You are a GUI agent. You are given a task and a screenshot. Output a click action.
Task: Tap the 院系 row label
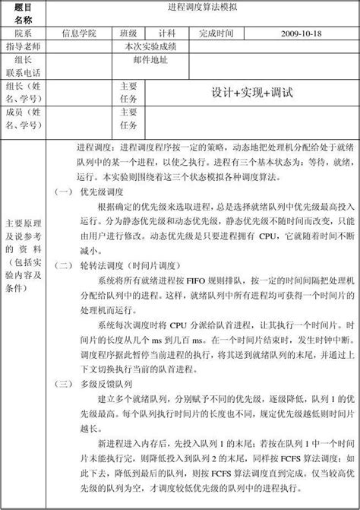(x=24, y=34)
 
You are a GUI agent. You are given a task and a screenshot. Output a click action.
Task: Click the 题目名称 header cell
(x=24, y=14)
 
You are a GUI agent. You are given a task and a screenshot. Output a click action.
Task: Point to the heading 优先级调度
(x=101, y=192)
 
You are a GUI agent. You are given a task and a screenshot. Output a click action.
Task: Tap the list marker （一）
(x=64, y=192)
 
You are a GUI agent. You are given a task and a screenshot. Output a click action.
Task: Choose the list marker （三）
(x=64, y=383)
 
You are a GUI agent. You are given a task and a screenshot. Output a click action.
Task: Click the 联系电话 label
(x=24, y=72)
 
